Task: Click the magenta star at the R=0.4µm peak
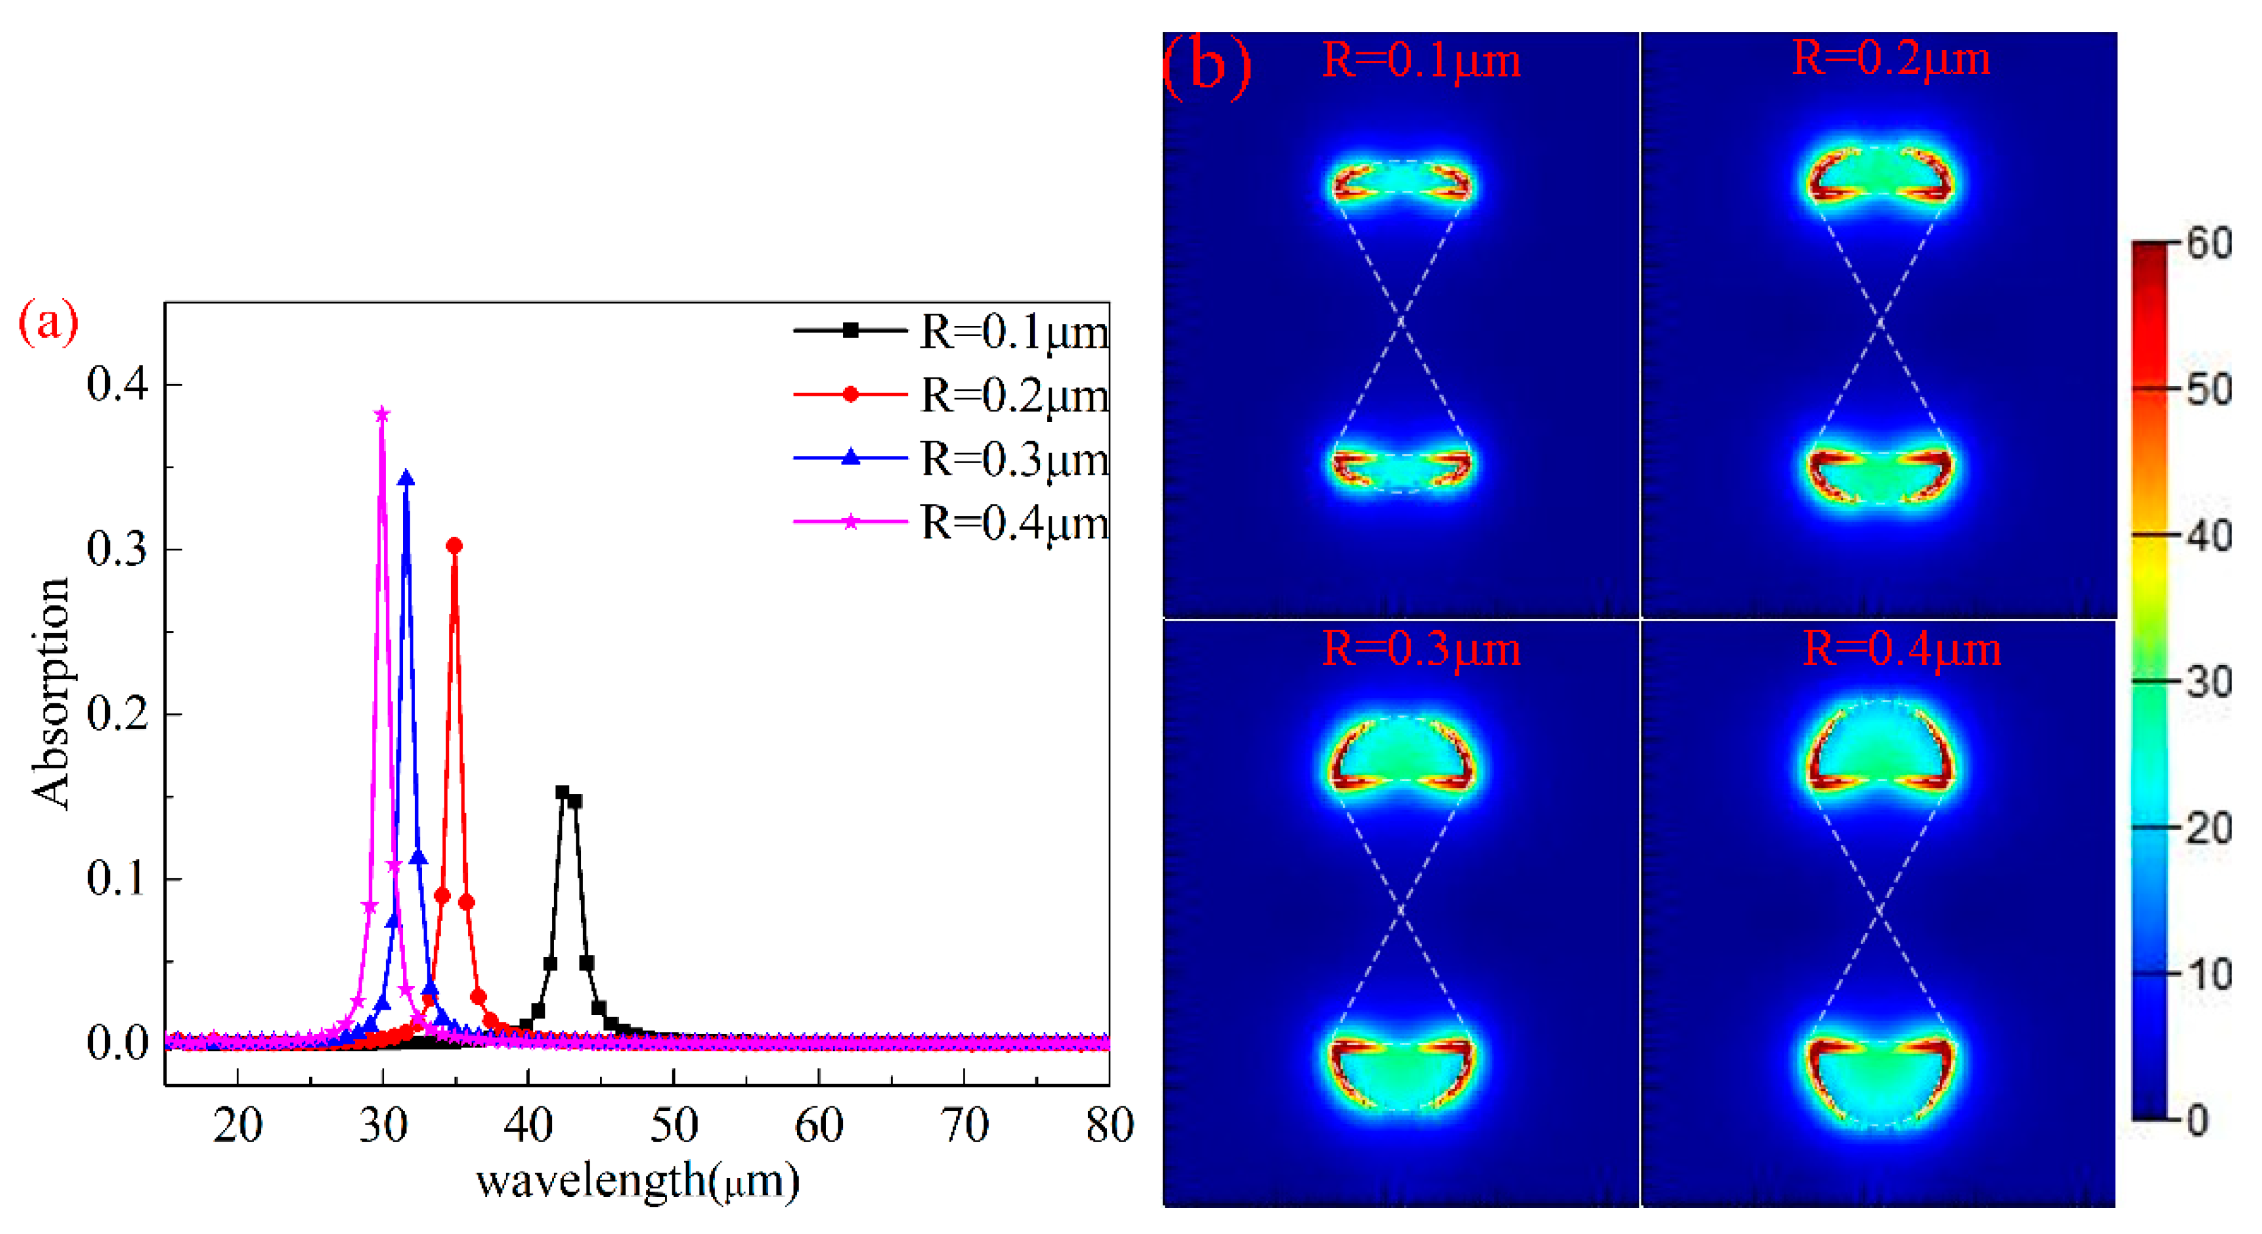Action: pos(382,415)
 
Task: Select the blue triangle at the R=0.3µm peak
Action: pos(405,478)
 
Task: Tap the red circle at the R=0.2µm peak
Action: pos(454,545)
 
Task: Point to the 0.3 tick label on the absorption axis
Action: pos(117,550)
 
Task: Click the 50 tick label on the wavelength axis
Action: pos(674,1126)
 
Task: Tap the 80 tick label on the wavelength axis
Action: pos(1109,1126)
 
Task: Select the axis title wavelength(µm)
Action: pos(638,1181)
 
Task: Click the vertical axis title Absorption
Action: pos(50,694)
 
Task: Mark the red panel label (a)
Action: pos(48,322)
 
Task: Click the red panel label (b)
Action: pos(1205,65)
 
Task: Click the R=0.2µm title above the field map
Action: pos(1890,60)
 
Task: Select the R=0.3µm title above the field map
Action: pos(1420,650)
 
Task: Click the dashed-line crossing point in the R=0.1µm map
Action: pos(1401,322)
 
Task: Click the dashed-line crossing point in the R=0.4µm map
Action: pos(1879,911)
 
